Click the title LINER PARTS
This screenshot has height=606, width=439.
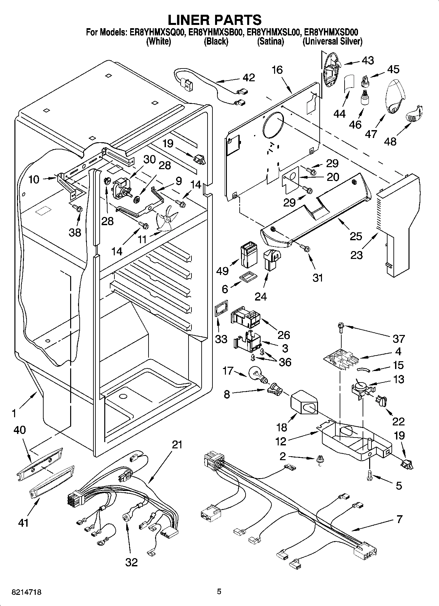click(x=215, y=20)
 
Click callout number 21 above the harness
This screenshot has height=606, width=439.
click(x=177, y=444)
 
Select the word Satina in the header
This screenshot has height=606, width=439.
click(x=270, y=42)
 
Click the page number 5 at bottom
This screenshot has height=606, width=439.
click(x=219, y=592)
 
